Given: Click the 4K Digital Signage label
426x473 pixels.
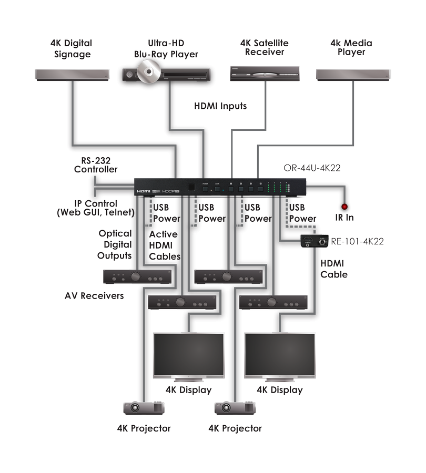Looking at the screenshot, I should [72, 49].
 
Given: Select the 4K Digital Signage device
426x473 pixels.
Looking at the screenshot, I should [72, 74].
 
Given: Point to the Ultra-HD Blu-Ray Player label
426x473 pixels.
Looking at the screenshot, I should [166, 49].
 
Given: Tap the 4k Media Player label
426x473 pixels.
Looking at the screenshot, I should [351, 47].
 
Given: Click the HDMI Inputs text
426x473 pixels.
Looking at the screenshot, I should [220, 106].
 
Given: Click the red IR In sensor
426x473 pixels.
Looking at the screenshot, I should [345, 207].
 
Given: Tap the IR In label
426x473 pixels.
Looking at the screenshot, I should [346, 217].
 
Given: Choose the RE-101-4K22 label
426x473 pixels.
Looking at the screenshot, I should [358, 242].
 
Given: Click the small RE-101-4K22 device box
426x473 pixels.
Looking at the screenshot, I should [314, 241].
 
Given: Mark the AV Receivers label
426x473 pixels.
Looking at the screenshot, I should [94, 296].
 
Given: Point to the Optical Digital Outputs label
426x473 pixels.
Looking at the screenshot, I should [114, 244].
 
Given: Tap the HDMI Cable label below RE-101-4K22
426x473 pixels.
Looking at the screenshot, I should [334, 269].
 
